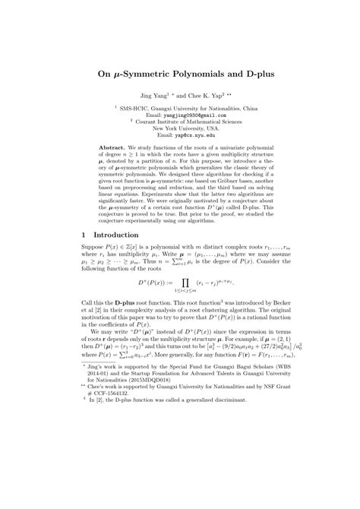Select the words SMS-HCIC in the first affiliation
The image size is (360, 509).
tap(131, 108)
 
